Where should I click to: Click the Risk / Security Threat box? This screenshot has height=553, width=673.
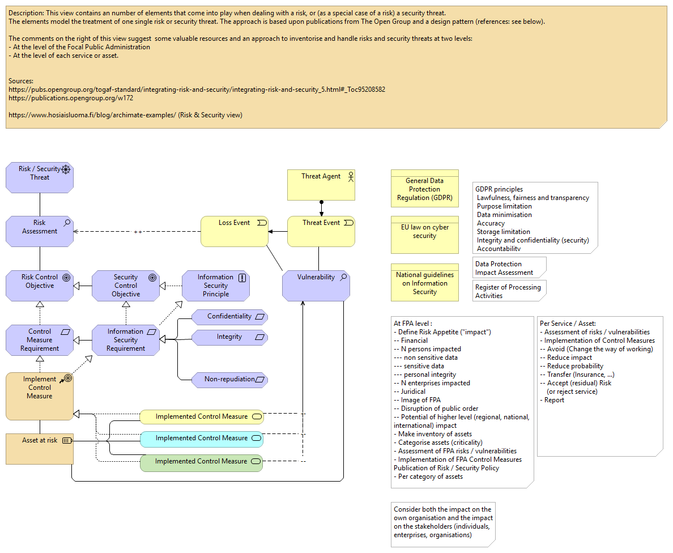tap(40, 177)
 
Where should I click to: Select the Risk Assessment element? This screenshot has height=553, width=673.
tap(40, 231)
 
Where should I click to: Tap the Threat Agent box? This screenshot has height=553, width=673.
tap(321, 185)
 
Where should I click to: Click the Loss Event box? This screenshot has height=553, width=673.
tap(235, 231)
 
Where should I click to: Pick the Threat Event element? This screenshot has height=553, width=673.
tap(321, 231)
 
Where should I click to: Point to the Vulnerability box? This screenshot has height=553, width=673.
tap(316, 285)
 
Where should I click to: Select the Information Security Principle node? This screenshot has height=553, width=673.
tap(216, 285)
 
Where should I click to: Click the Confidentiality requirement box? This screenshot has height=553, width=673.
tap(229, 317)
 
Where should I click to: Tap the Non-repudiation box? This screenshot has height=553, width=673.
tap(229, 380)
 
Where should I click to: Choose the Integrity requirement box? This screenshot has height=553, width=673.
tap(229, 337)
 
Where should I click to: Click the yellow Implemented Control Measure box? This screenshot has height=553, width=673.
tap(202, 417)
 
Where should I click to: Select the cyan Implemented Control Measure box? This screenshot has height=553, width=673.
tap(202, 439)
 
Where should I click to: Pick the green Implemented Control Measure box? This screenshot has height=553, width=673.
tap(202, 462)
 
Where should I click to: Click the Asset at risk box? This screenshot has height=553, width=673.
tap(40, 448)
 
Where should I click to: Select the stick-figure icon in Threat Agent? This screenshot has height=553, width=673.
tap(350, 176)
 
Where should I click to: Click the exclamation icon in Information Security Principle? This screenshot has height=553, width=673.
tap(242, 278)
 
